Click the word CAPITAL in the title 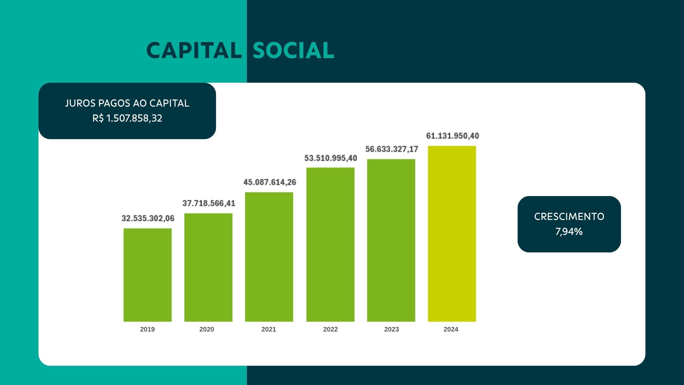(x=194, y=50)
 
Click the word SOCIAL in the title (x=294, y=50)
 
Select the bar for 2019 (x=147, y=275)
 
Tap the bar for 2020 (x=208, y=267)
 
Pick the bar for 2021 (x=269, y=257)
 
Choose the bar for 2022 (x=330, y=245)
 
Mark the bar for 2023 (x=391, y=240)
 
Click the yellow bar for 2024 (x=452, y=234)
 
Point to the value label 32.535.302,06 (x=148, y=218)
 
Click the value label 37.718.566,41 (x=209, y=203)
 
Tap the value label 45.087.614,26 (x=270, y=182)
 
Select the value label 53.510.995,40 (x=331, y=158)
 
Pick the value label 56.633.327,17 (x=392, y=149)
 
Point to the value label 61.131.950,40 (x=453, y=136)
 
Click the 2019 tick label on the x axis (x=147, y=329)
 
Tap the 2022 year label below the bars (x=331, y=329)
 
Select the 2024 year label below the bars (x=451, y=329)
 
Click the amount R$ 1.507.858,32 (x=127, y=118)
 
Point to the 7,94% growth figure (x=569, y=232)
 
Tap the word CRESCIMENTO (x=569, y=217)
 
